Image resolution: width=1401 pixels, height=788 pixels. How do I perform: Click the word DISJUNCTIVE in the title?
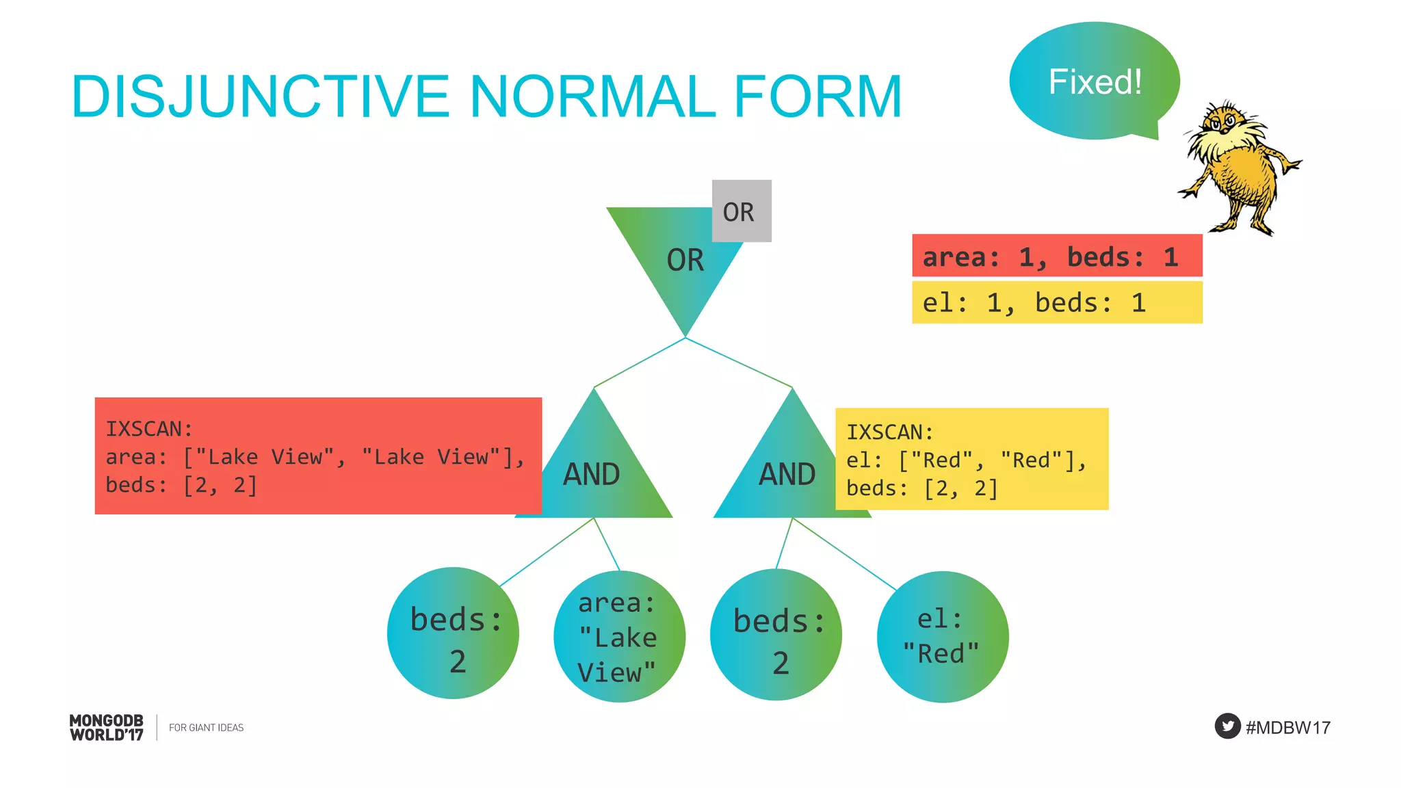(260, 96)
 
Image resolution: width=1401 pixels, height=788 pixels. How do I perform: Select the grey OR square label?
(741, 211)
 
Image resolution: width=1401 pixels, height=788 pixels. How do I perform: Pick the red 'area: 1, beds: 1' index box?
(1056, 256)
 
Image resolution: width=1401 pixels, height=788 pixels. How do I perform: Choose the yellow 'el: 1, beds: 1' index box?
(1056, 302)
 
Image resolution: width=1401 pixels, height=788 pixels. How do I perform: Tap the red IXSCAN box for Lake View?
(318, 456)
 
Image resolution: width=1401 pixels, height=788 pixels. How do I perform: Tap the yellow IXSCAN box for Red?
(971, 459)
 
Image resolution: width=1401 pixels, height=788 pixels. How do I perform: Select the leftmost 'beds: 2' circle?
(453, 633)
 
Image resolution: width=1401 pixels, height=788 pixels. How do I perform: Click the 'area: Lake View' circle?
(619, 636)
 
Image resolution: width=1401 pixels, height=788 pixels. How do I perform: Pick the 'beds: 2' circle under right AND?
(776, 635)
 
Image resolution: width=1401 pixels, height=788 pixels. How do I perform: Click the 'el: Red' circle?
(942, 637)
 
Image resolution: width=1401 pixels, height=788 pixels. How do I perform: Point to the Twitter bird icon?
(1227, 726)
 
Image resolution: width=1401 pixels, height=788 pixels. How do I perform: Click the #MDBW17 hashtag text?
(1287, 727)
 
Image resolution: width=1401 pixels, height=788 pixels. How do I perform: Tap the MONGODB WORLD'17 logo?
(107, 727)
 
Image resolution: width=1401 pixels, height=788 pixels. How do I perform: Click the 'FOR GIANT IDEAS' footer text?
(206, 728)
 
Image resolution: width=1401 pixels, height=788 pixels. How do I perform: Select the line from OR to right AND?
(739, 363)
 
